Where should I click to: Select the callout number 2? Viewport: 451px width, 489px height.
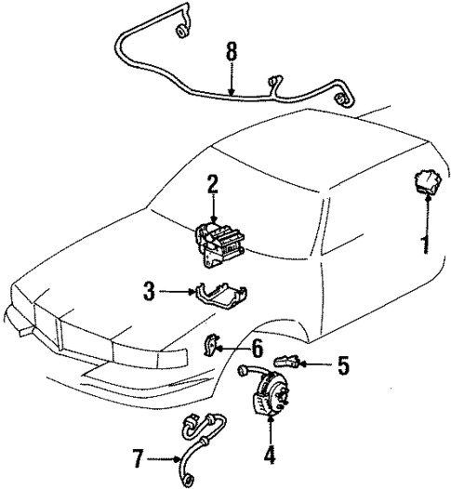pyautogui.click(x=212, y=184)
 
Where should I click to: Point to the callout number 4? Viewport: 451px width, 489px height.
pyautogui.click(x=270, y=456)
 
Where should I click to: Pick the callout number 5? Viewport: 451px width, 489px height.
pyautogui.click(x=342, y=365)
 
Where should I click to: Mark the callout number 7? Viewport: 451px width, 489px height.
pyautogui.click(x=138, y=456)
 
